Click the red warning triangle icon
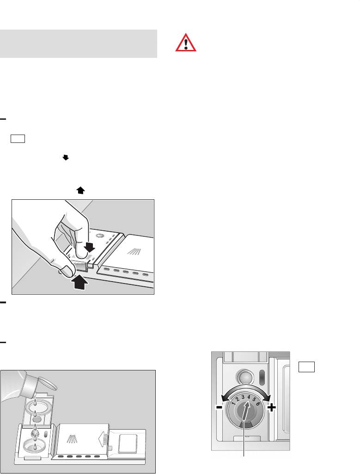[186, 43]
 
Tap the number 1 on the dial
[233, 403]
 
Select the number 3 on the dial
[243, 397]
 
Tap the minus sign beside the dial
[219, 407]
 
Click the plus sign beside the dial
[272, 408]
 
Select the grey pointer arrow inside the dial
[246, 411]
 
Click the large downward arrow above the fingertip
[90, 246]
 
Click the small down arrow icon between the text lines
[66, 157]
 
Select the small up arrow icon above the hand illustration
[80, 190]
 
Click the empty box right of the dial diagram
[306, 367]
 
